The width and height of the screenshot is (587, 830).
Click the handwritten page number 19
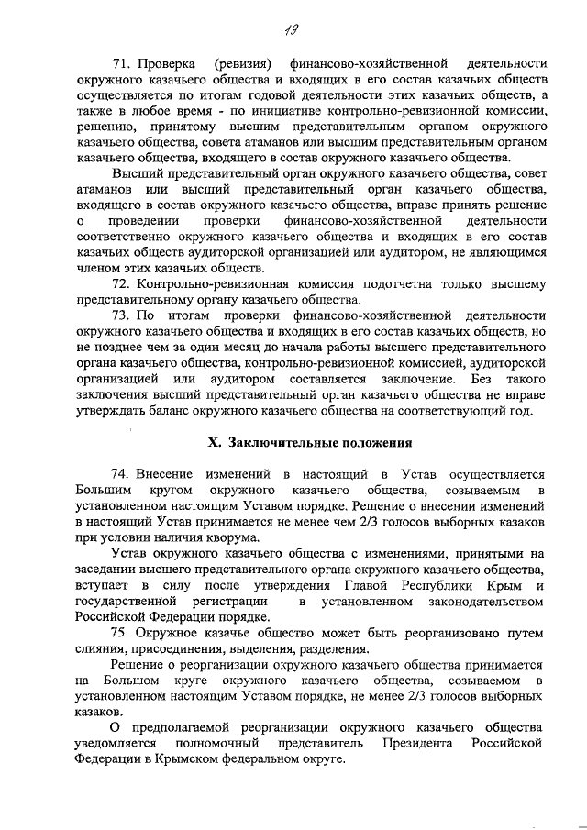292,31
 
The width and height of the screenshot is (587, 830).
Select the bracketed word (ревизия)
243,63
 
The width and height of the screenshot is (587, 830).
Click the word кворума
229,537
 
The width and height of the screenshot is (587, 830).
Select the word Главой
373,585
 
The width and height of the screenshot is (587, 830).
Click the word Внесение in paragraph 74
165,473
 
